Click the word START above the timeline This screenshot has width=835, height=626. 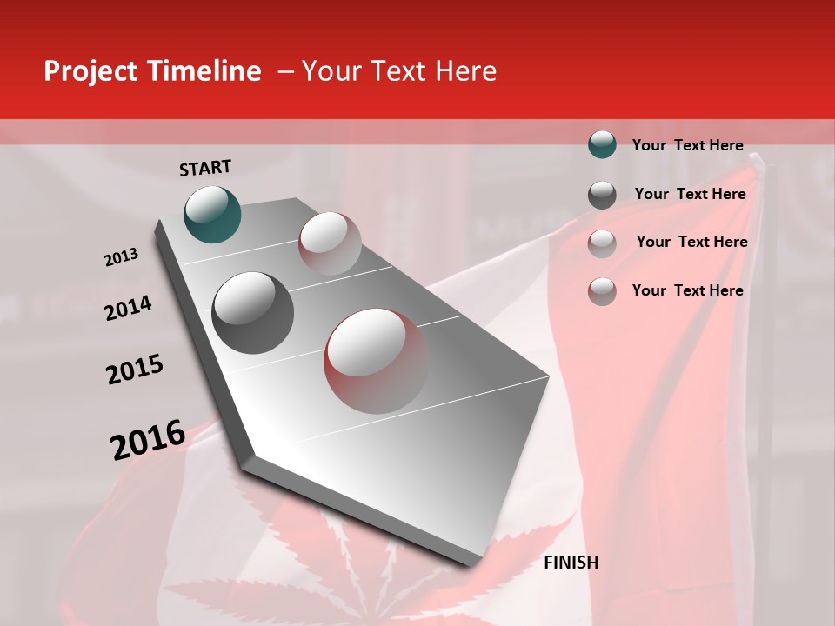click(x=205, y=168)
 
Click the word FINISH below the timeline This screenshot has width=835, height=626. click(x=571, y=563)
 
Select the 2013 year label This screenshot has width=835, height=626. click(x=121, y=257)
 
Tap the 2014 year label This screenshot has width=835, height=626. click(x=128, y=309)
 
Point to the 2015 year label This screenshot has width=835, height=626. click(x=135, y=370)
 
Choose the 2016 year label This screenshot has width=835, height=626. click(x=148, y=440)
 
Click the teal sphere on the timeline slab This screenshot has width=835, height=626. click(x=212, y=214)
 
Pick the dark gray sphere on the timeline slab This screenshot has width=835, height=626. click(x=252, y=313)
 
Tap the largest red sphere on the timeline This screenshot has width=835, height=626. click(x=377, y=361)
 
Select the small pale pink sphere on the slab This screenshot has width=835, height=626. click(x=330, y=243)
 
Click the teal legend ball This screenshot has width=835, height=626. click(x=602, y=145)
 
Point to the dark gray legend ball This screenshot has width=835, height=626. click(x=602, y=195)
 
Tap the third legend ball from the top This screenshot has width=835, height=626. click(x=602, y=243)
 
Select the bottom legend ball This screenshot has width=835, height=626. click(x=602, y=291)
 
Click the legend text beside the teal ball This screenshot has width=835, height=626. click(x=687, y=145)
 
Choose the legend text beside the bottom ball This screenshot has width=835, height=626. click(x=687, y=290)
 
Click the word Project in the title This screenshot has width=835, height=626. click(x=90, y=71)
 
